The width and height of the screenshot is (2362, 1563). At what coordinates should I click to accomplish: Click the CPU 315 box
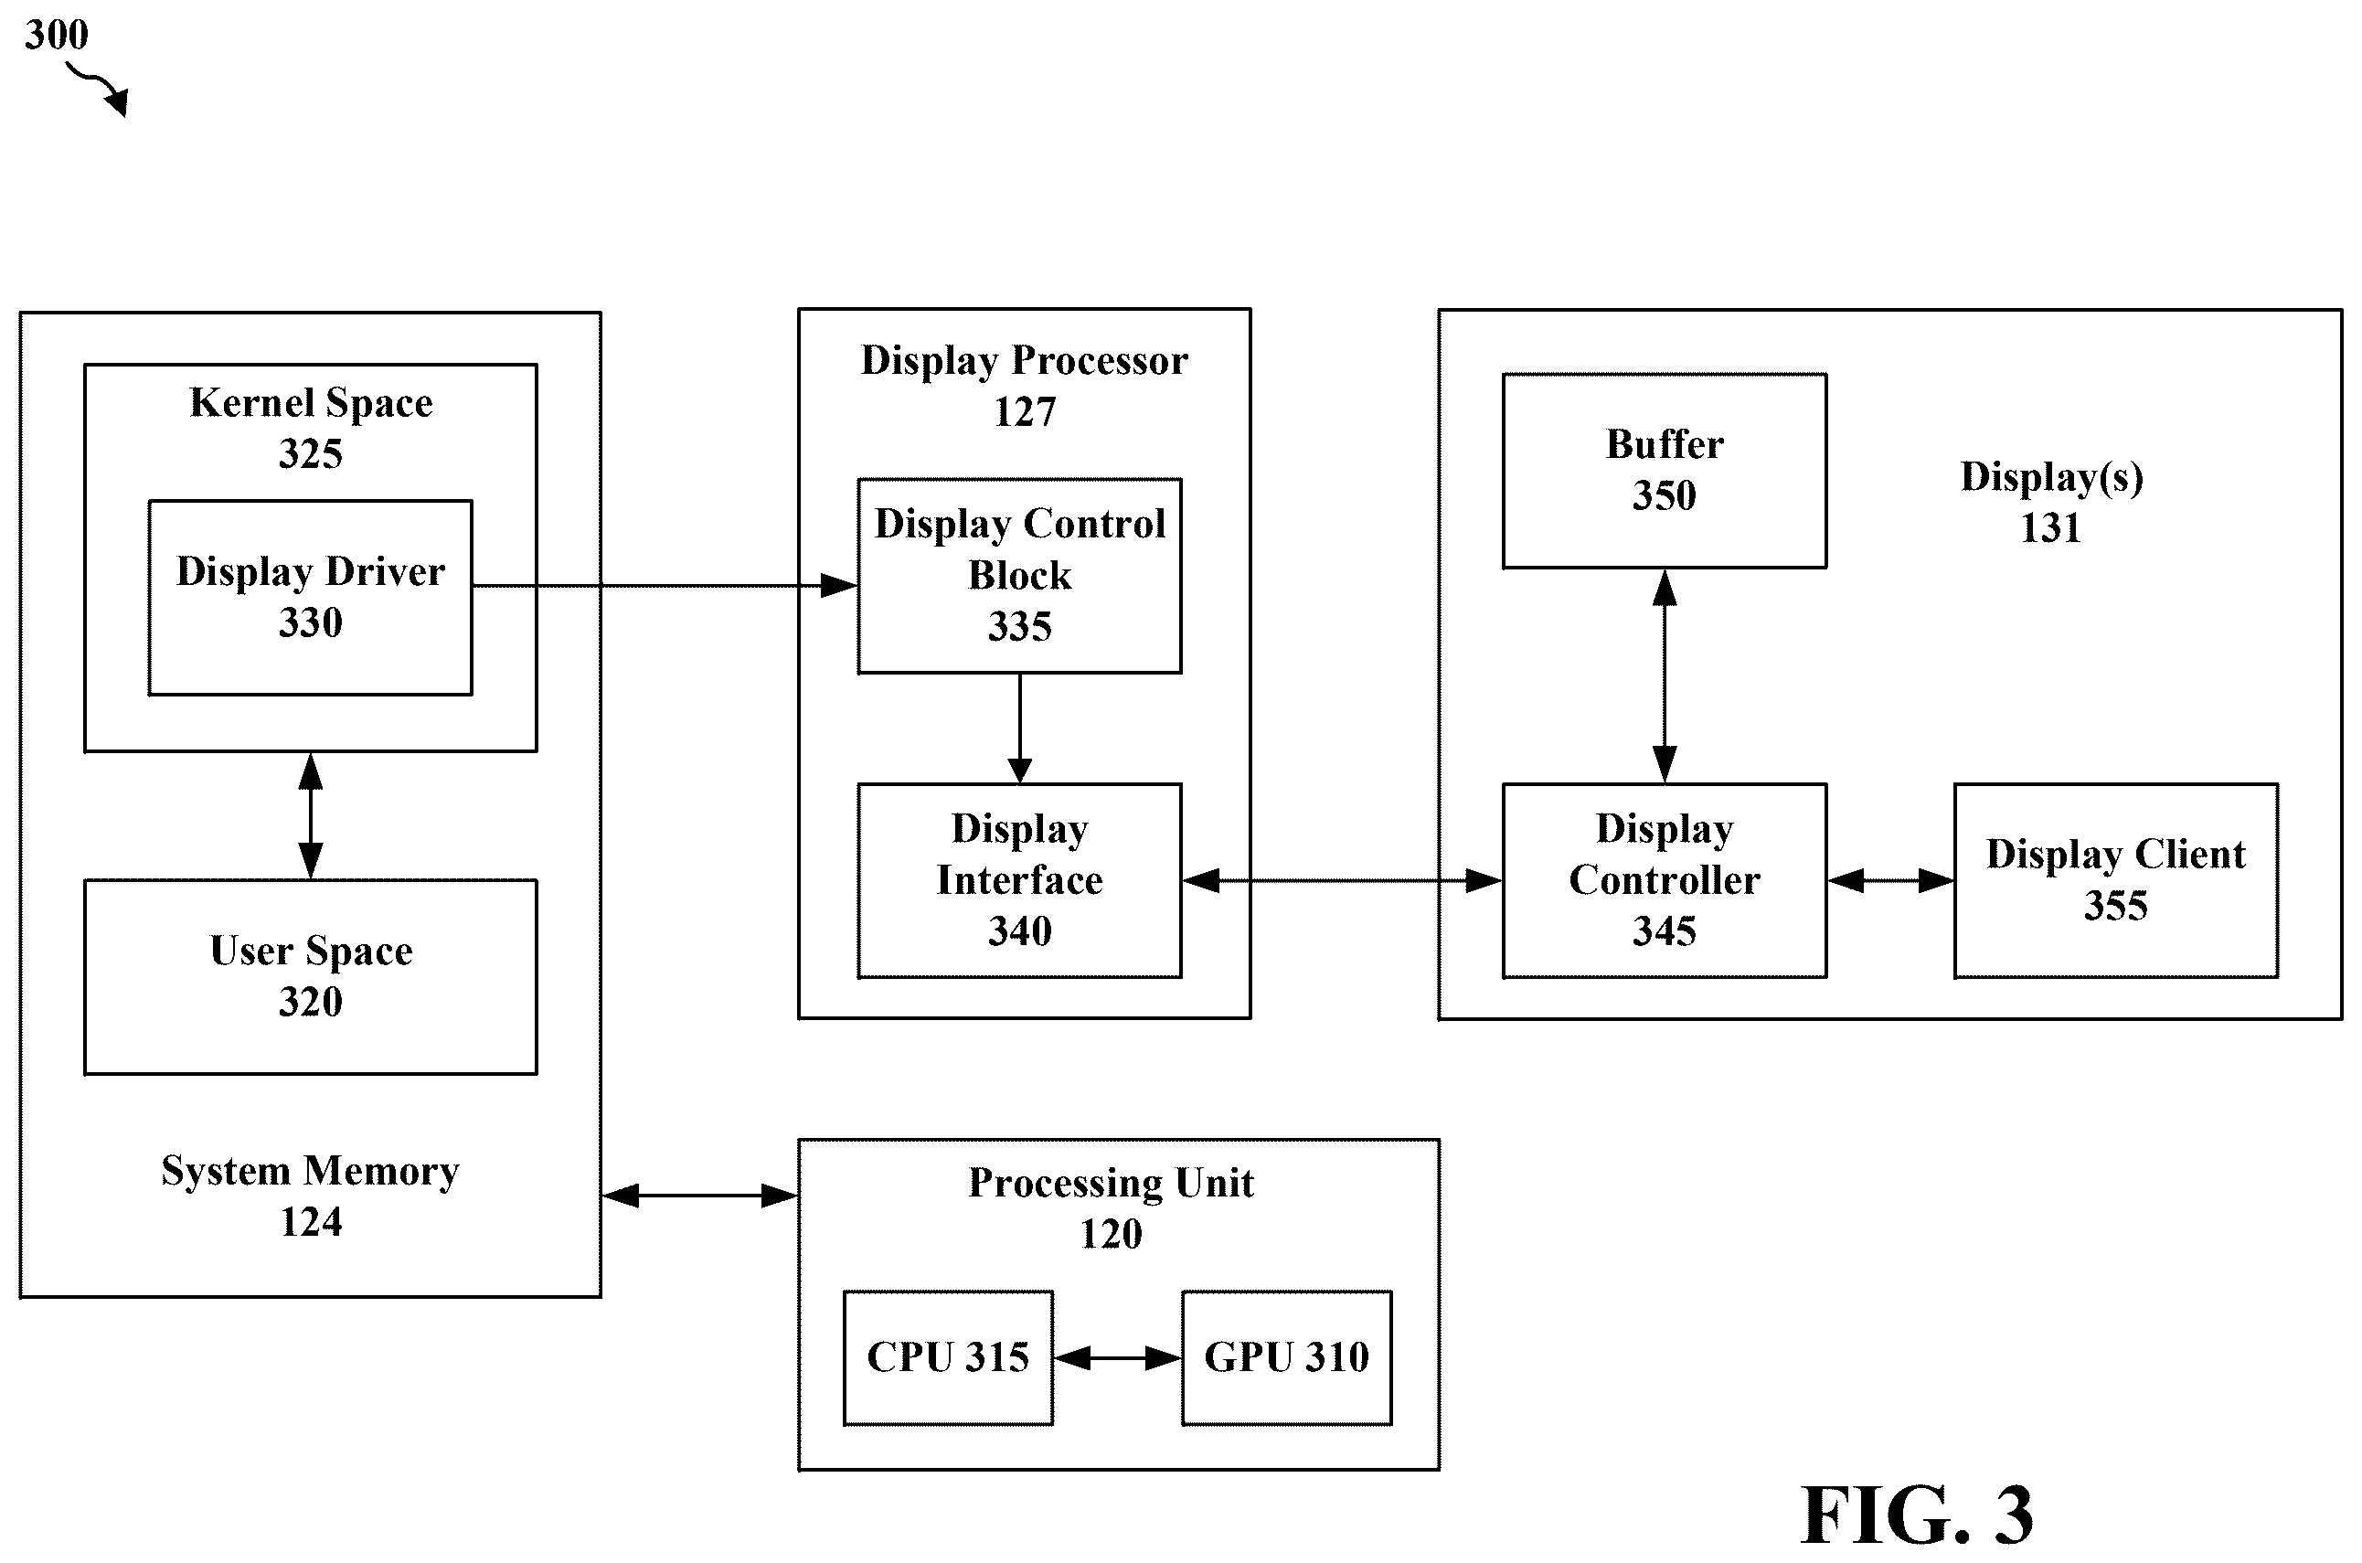[x=948, y=1357]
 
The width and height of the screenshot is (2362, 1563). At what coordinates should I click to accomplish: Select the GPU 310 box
[x=1287, y=1357]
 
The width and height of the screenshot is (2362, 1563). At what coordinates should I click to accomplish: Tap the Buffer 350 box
[x=1665, y=471]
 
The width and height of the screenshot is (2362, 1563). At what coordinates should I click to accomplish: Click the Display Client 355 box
[x=2116, y=880]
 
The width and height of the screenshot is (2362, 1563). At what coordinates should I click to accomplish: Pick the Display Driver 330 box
[x=310, y=597]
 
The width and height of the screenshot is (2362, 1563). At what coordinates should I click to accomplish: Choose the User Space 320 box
[x=310, y=977]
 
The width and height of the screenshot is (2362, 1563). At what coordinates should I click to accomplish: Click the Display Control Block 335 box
[x=1019, y=575]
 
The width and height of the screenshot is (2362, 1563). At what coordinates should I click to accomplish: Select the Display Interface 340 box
[x=1019, y=880]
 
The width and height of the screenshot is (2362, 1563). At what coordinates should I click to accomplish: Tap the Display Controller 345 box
[x=1665, y=880]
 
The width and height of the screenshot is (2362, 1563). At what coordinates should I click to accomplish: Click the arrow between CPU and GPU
[x=1117, y=1357]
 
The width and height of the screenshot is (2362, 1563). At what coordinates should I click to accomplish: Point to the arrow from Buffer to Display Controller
[x=1665, y=675]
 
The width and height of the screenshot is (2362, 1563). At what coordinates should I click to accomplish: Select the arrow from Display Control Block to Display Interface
[x=1019, y=728]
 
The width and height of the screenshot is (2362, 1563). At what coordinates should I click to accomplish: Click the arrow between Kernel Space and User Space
[x=310, y=815]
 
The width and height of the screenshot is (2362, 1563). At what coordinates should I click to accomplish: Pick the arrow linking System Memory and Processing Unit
[x=699, y=1196]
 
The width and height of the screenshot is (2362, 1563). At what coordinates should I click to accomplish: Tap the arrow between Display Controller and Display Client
[x=1890, y=880]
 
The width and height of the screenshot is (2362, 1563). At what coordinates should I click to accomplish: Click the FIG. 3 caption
[x=1917, y=1515]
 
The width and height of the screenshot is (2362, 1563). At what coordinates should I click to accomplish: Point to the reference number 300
[x=57, y=35]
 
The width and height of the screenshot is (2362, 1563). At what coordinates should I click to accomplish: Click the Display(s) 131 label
[x=2051, y=502]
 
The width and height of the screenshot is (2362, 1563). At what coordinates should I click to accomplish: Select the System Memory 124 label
[x=310, y=1196]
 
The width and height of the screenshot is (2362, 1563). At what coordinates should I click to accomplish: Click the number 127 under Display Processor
[x=1025, y=411]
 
